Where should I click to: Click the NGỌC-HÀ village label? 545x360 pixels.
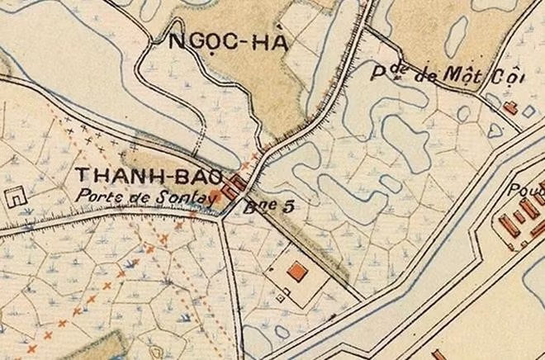click(228, 42)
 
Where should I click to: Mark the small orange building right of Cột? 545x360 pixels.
click(510, 107)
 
